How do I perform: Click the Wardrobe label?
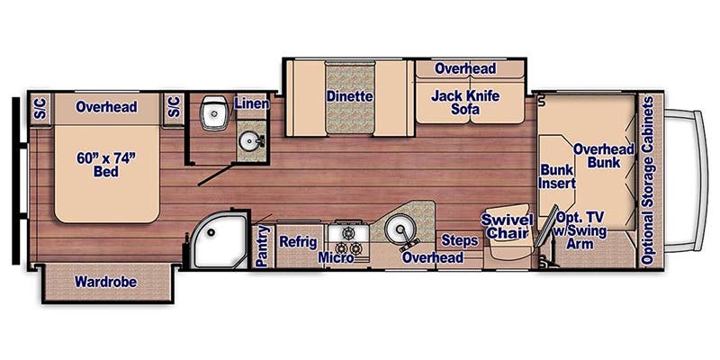pyautogui.click(x=105, y=282)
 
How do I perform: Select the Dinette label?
pyautogui.click(x=350, y=96)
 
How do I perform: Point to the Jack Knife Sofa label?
pyautogui.click(x=464, y=103)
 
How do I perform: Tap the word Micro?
pyautogui.click(x=335, y=258)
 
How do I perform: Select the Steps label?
pyautogui.click(x=459, y=239)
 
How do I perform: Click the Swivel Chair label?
pyautogui.click(x=508, y=227)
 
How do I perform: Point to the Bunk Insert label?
pyautogui.click(x=556, y=176)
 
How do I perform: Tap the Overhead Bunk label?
pyautogui.click(x=604, y=156)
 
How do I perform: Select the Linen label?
pyautogui.click(x=251, y=103)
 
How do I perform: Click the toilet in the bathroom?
pyautogui.click(x=212, y=113)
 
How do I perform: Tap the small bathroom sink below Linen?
pyautogui.click(x=249, y=140)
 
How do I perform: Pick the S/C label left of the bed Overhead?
pyautogui.click(x=40, y=107)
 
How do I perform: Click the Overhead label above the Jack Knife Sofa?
pyautogui.click(x=465, y=68)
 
